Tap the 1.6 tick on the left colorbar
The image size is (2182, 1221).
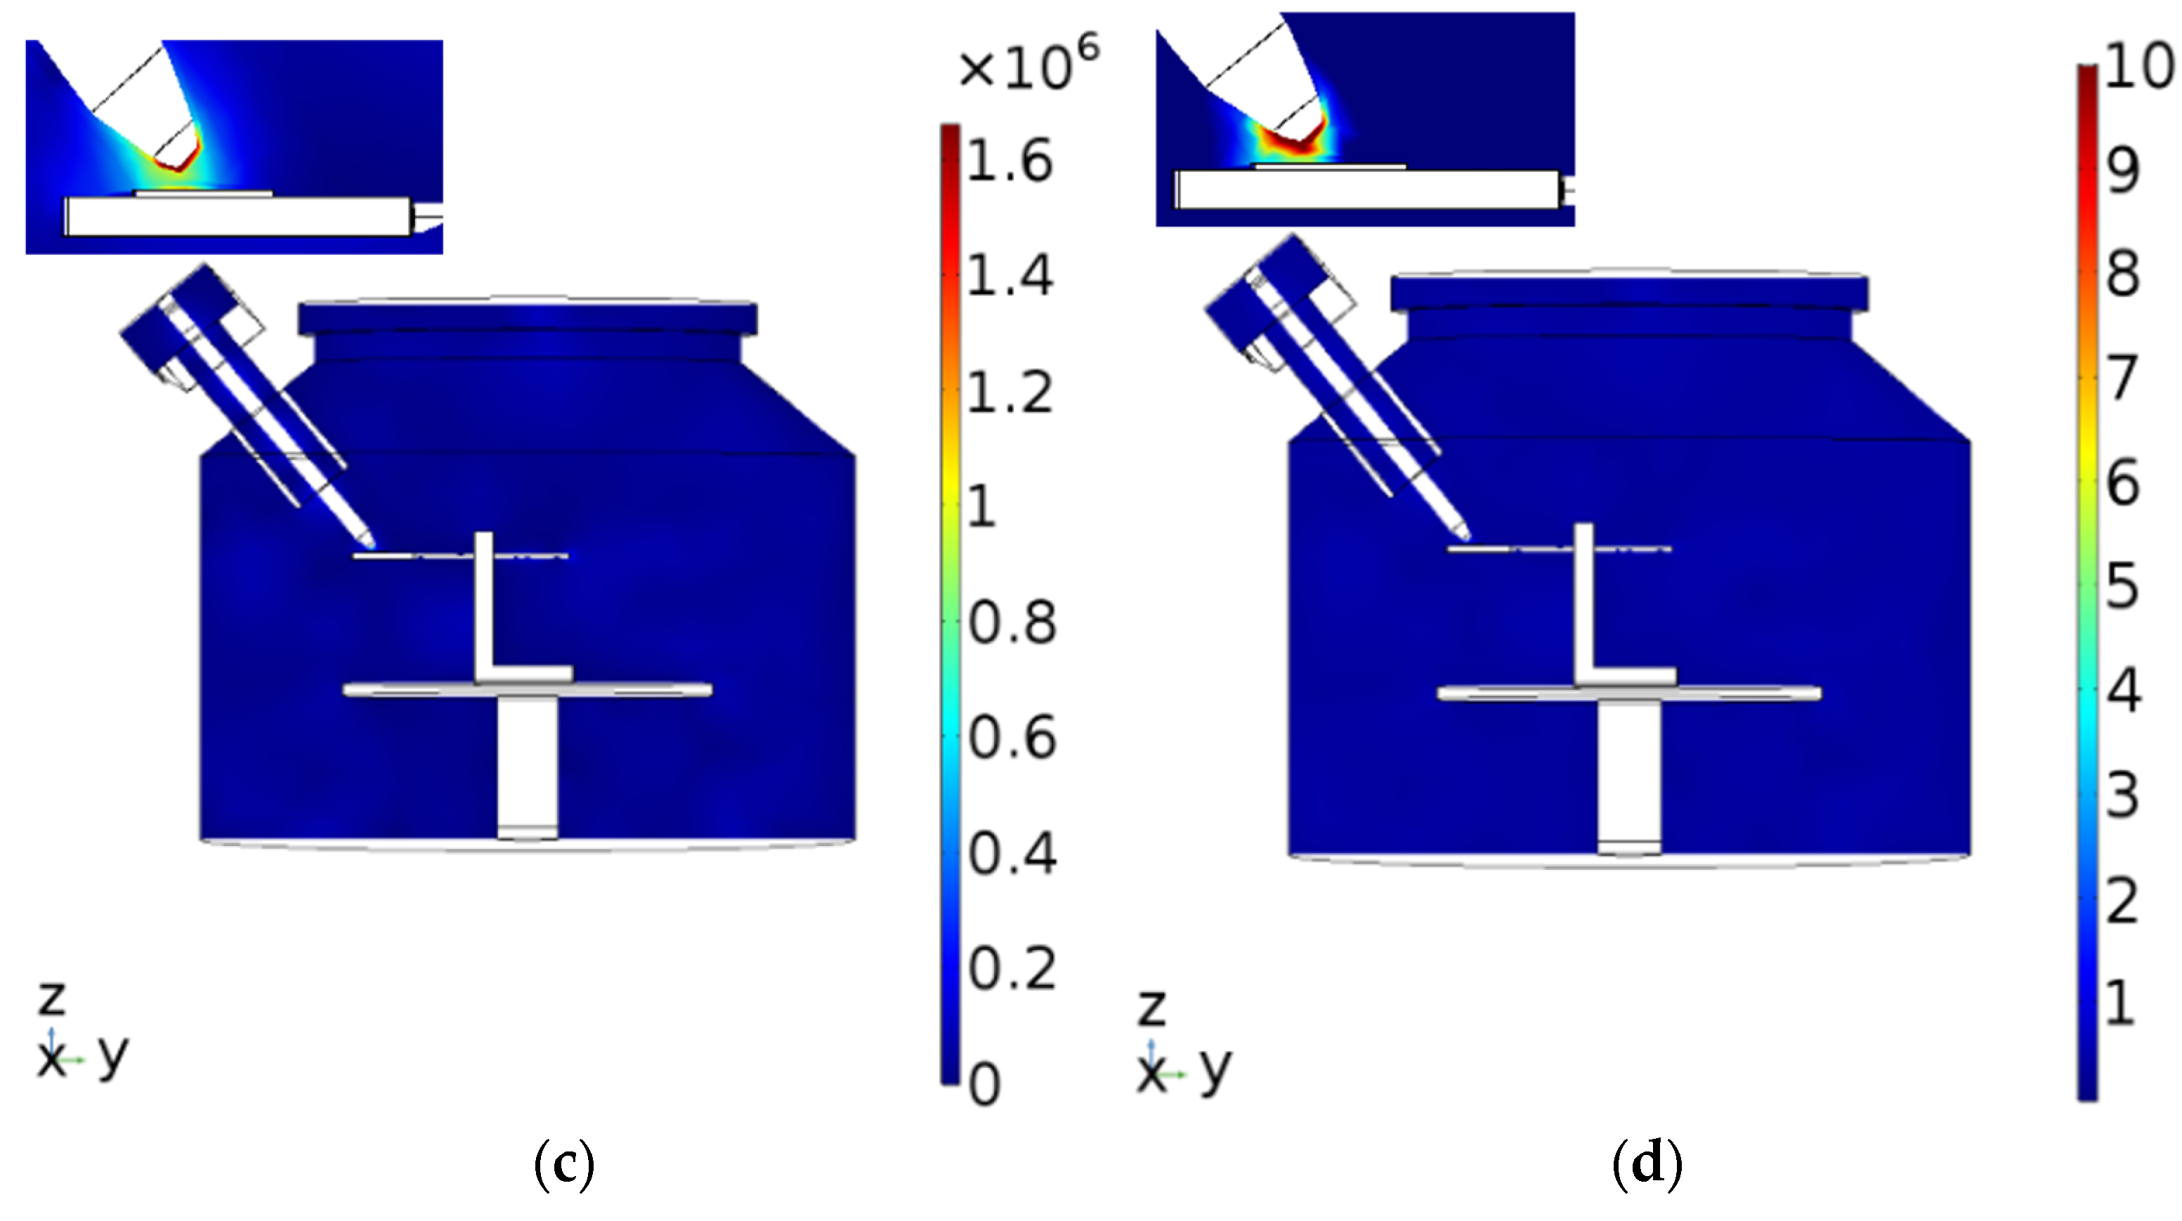(x=1009, y=161)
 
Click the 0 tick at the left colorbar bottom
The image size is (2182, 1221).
(x=984, y=1085)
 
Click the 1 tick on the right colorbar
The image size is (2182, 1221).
(x=2120, y=1003)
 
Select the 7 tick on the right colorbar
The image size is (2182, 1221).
(x=2122, y=378)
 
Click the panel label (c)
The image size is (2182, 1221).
(x=564, y=1164)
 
